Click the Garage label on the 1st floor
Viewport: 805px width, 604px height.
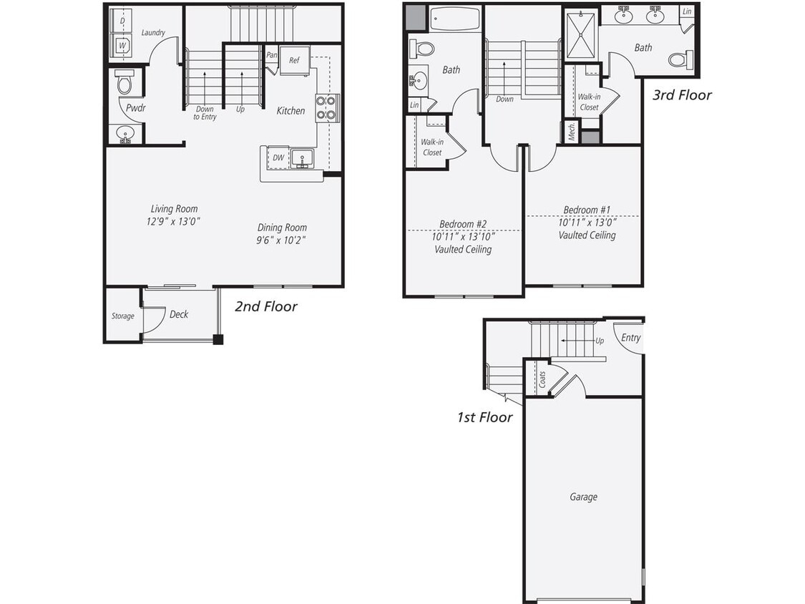pyautogui.click(x=583, y=497)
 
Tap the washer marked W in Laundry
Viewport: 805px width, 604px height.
pyautogui.click(x=122, y=45)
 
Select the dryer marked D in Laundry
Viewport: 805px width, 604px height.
pyautogui.click(x=122, y=21)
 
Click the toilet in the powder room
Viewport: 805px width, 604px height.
pyautogui.click(x=125, y=83)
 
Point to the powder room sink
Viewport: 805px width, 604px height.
pyautogui.click(x=125, y=134)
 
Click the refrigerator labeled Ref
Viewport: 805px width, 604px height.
pyautogui.click(x=294, y=61)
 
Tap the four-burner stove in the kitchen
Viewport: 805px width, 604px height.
pyautogui.click(x=327, y=107)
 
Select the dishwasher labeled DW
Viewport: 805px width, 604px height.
pyautogui.click(x=278, y=157)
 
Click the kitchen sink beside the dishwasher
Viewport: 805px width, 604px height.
pyautogui.click(x=303, y=158)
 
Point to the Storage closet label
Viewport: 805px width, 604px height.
pyautogui.click(x=122, y=316)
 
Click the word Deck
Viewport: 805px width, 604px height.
pyautogui.click(x=179, y=314)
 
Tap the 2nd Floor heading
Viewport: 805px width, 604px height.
pyautogui.click(x=266, y=306)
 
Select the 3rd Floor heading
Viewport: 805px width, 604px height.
pyautogui.click(x=682, y=95)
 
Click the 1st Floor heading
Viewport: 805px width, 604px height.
pyautogui.click(x=484, y=417)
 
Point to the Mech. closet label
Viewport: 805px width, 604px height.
pyautogui.click(x=572, y=132)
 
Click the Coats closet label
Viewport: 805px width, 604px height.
pyautogui.click(x=542, y=379)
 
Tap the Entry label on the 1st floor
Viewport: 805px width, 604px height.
pyautogui.click(x=630, y=338)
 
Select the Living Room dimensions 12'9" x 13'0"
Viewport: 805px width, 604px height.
pyautogui.click(x=173, y=222)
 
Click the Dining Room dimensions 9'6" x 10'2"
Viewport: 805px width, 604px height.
pyautogui.click(x=282, y=240)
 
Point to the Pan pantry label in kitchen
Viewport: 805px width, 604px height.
pyautogui.click(x=272, y=55)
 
